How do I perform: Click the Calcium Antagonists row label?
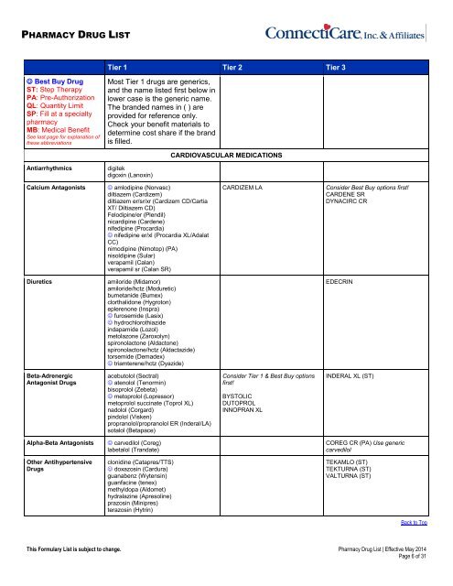point(54,212)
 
